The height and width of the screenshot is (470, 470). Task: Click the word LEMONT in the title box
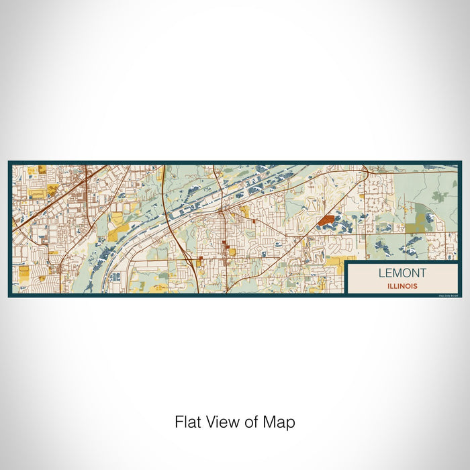pyautogui.click(x=402, y=273)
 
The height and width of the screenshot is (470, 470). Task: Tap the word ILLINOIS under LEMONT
pyautogui.click(x=402, y=285)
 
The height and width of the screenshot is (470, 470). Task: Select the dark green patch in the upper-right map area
pyautogui.click(x=440, y=196)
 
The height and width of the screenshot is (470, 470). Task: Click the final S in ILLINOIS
pyautogui.click(x=416, y=285)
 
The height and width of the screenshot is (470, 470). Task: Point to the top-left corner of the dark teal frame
pyautogui.click(x=9, y=162)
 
